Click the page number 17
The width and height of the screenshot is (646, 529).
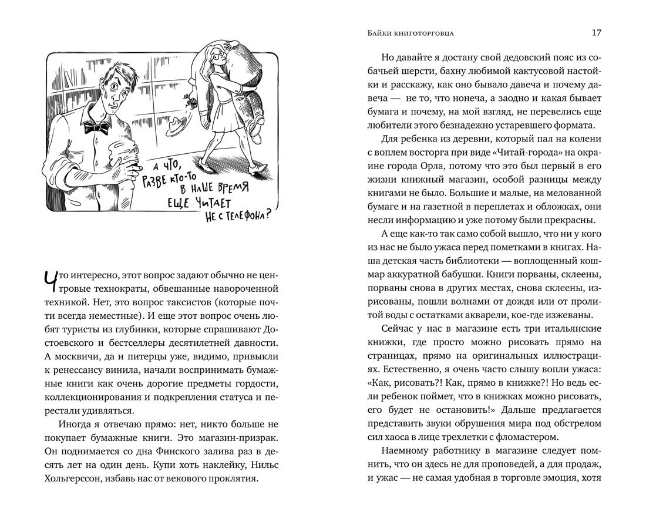coord(595,33)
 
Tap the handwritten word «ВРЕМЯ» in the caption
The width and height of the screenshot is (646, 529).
coord(229,190)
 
